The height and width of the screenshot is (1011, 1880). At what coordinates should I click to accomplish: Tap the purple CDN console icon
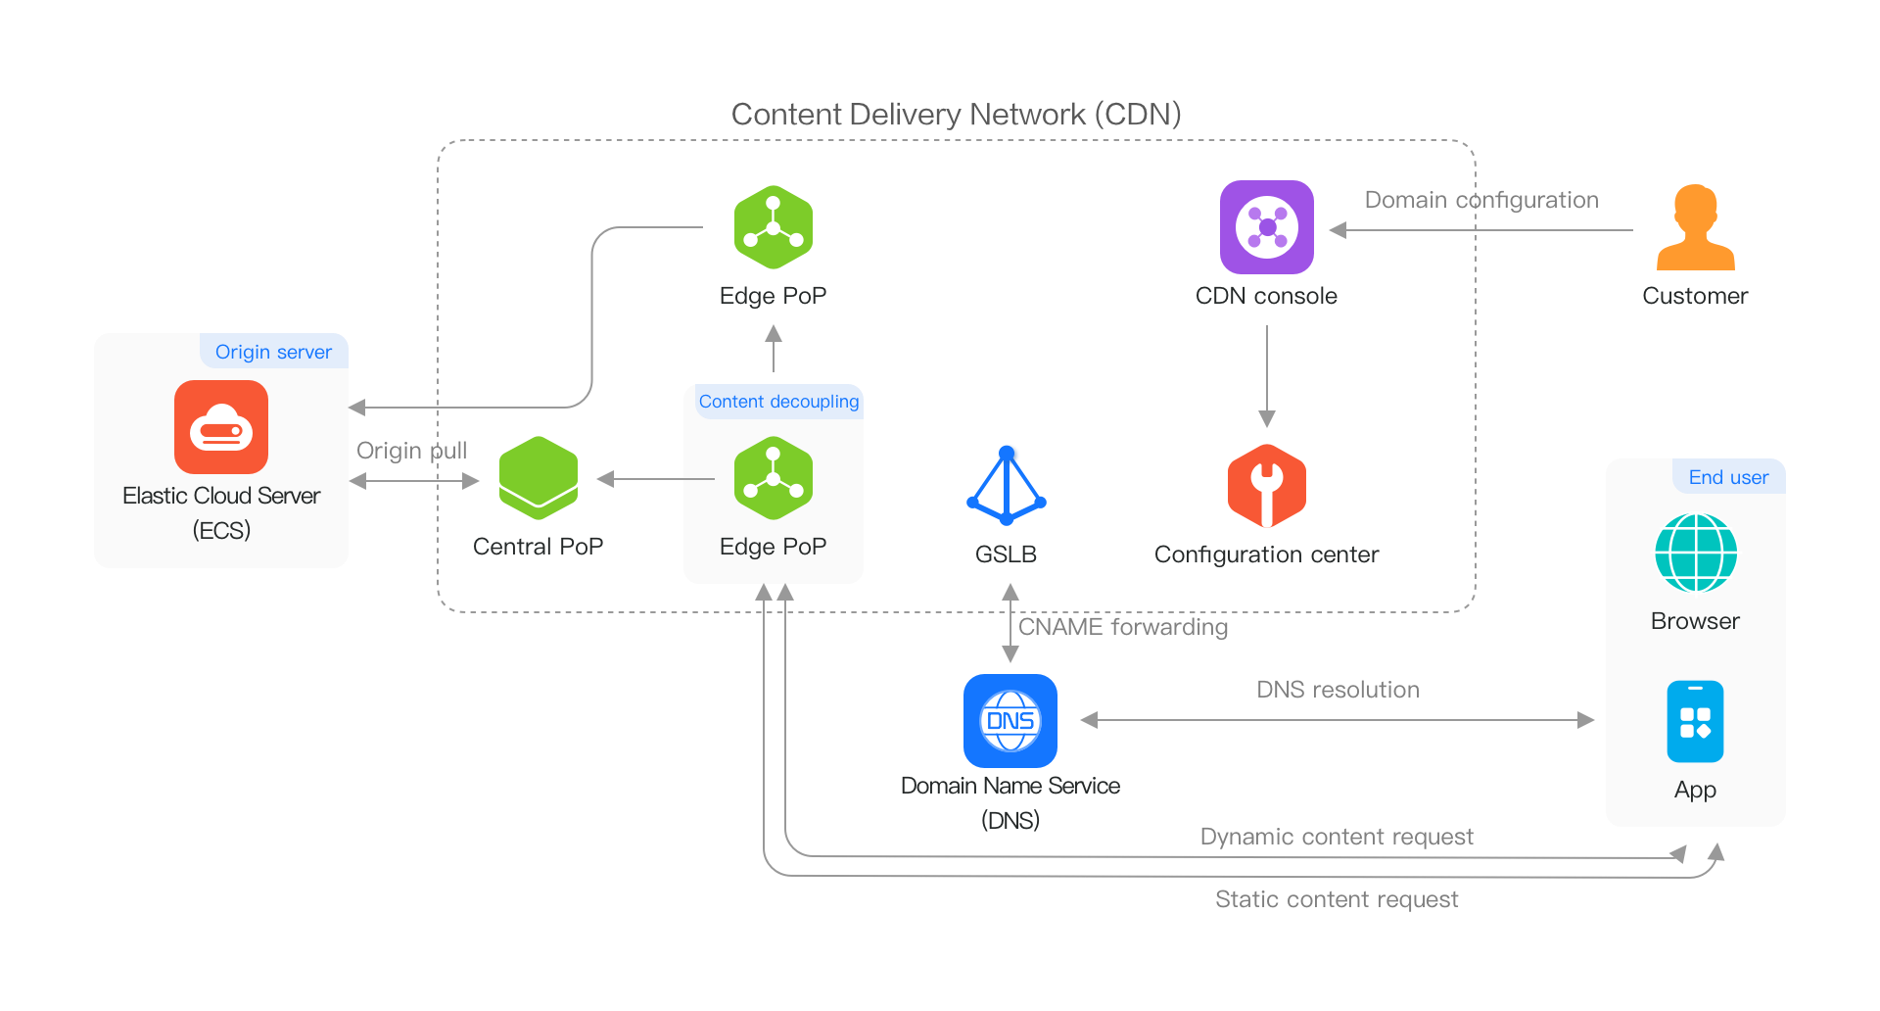(1266, 227)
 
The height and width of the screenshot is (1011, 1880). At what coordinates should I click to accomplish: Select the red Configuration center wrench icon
(1266, 485)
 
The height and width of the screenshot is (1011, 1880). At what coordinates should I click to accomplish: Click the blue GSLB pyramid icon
(1007, 486)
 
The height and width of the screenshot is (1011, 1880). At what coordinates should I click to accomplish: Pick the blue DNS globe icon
(1010, 721)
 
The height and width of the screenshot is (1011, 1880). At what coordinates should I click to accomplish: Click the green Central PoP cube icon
(538, 478)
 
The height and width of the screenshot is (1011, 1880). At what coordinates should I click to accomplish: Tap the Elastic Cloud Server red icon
(221, 427)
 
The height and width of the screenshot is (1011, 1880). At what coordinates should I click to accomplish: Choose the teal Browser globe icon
(1695, 554)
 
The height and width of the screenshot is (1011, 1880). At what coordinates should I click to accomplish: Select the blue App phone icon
(1695, 722)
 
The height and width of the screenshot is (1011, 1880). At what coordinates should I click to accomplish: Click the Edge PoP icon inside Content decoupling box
(773, 478)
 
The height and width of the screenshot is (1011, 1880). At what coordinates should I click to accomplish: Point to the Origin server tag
(273, 352)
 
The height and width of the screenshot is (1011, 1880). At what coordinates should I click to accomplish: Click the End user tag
(1728, 477)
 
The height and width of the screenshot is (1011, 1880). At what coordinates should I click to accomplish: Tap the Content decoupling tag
(778, 402)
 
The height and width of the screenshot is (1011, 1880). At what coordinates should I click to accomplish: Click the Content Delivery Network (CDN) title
(956, 115)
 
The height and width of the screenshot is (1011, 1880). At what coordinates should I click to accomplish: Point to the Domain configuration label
(1480, 200)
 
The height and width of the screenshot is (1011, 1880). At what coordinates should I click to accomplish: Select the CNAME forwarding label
(1123, 627)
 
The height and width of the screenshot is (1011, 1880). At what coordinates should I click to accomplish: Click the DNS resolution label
(1338, 690)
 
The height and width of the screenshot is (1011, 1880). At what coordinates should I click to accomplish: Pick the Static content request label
(1337, 899)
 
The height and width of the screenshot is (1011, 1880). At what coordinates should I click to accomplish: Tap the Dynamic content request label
(1337, 837)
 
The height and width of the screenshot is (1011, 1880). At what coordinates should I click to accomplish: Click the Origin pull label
(411, 451)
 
